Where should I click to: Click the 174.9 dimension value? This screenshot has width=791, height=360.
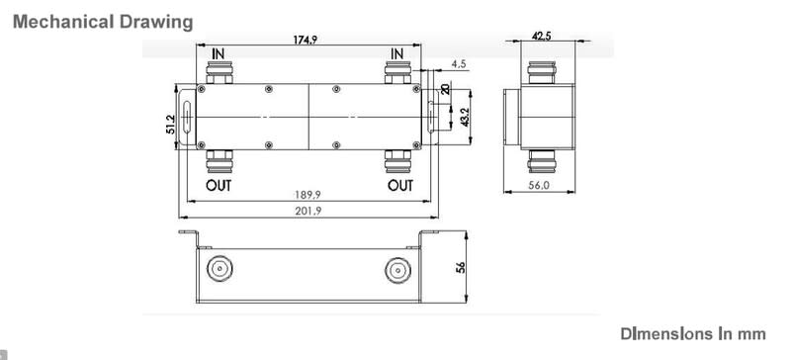pyautogui.click(x=306, y=40)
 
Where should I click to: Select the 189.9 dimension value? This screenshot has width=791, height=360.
pyautogui.click(x=308, y=195)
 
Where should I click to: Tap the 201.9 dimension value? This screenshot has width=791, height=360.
pyautogui.click(x=308, y=211)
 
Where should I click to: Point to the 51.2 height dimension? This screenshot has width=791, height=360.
pyautogui.click(x=170, y=125)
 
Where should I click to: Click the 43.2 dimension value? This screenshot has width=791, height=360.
pyautogui.click(x=465, y=118)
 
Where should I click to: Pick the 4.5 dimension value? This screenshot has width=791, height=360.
pyautogui.click(x=459, y=64)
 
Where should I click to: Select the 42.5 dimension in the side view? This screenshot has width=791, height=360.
pyautogui.click(x=541, y=36)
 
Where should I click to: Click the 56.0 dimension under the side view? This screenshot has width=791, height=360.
pyautogui.click(x=539, y=185)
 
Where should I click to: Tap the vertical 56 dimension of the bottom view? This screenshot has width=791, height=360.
pyautogui.click(x=460, y=267)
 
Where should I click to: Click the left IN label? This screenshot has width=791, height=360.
pyautogui.click(x=219, y=53)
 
